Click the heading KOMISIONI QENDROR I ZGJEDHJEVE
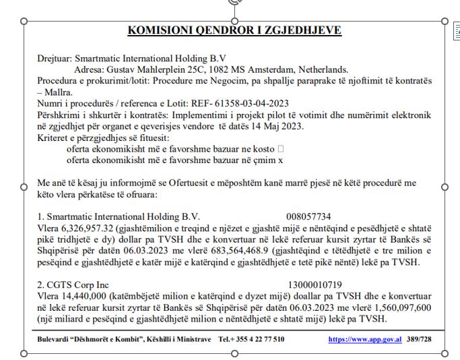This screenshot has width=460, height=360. tap(234, 30)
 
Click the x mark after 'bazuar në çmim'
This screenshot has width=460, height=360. tap(282, 160)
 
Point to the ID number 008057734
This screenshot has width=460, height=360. tap(308, 216)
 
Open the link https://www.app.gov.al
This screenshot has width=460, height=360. tap(364, 339)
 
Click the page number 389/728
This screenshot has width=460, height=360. tap(419, 339)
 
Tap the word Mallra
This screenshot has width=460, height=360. tap(61, 91)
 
